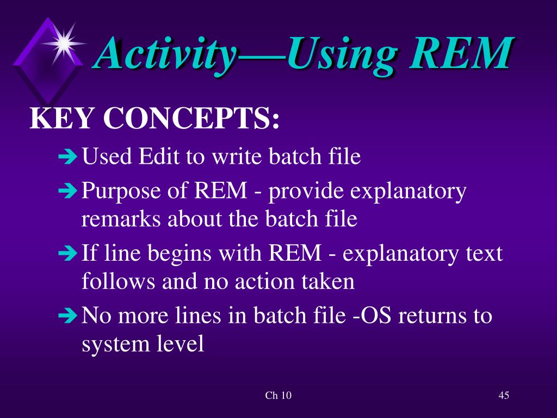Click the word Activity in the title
tap(166, 54)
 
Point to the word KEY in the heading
tap(60, 119)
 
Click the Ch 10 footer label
tap(278, 396)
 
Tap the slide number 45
tap(503, 395)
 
